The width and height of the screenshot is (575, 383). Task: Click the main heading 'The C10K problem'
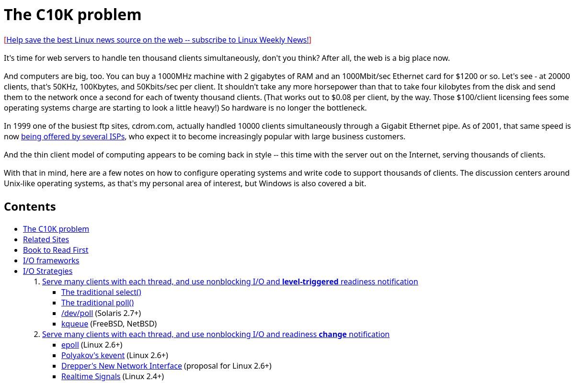73,15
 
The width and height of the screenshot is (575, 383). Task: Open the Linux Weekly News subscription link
158,40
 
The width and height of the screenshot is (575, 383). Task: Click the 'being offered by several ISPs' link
73,136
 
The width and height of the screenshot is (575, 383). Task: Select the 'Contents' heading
30,206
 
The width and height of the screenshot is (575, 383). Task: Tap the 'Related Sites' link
46,239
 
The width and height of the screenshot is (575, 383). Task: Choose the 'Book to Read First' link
56,250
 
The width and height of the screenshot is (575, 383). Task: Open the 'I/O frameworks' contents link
51,260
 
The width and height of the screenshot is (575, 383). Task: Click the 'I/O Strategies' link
47,271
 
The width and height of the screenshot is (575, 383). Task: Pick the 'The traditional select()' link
101,292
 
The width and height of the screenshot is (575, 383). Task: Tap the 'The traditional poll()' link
97,303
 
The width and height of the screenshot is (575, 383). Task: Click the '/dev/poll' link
77,313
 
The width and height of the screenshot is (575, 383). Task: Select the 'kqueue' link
75,324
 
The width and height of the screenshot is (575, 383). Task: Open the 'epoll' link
70,345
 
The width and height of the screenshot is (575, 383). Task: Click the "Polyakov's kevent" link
93,355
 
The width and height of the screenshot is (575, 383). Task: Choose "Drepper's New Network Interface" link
122,366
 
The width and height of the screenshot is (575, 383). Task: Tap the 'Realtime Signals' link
91,376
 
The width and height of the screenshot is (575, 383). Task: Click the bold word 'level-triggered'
310,282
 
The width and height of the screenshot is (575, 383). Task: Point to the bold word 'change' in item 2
333,334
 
